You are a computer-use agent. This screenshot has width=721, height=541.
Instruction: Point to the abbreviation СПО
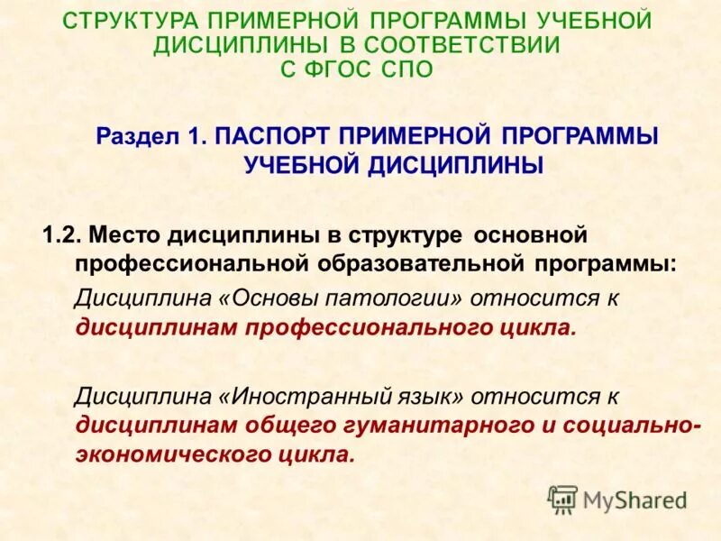(x=410, y=69)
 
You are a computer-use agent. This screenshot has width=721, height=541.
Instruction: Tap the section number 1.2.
(x=61, y=236)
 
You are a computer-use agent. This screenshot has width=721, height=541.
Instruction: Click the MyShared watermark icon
(x=562, y=499)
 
